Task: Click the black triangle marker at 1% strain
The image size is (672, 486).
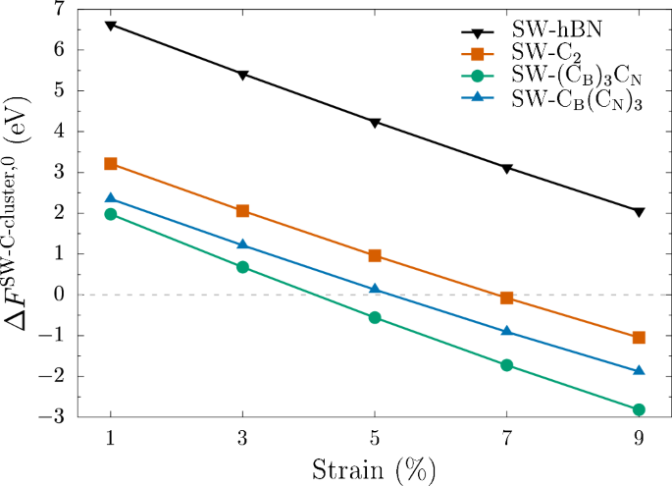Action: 111,26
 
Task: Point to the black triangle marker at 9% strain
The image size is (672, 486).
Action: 639,212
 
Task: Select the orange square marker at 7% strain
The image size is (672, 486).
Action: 507,297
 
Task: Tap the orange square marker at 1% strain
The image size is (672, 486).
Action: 111,163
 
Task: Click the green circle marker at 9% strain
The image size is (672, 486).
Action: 639,409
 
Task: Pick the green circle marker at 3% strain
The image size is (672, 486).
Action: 242,267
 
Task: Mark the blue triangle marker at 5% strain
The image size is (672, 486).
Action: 375,289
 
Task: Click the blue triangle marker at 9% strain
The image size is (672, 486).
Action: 639,371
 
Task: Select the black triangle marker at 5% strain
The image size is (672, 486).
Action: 375,123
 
